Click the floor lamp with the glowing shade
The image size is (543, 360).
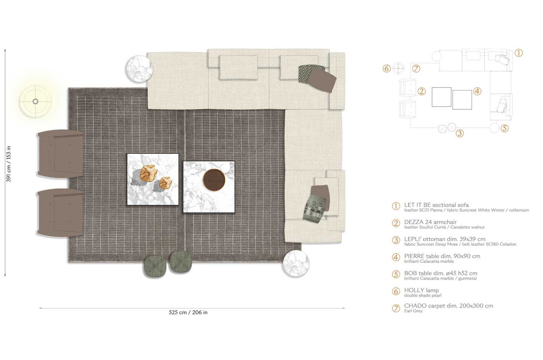(x=35, y=101)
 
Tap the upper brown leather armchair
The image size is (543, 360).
(x=60, y=154)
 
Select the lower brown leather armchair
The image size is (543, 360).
(x=60, y=213)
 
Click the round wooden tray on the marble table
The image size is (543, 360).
(x=214, y=180)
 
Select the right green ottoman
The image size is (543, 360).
(x=181, y=262)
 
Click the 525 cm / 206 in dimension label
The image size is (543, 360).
(x=188, y=312)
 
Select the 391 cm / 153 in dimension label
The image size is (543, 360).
(x=9, y=164)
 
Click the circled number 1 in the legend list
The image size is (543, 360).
(x=396, y=206)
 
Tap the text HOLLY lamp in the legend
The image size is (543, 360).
(x=421, y=290)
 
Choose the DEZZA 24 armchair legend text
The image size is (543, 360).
(x=430, y=222)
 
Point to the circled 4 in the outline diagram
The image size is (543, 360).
(x=477, y=91)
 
